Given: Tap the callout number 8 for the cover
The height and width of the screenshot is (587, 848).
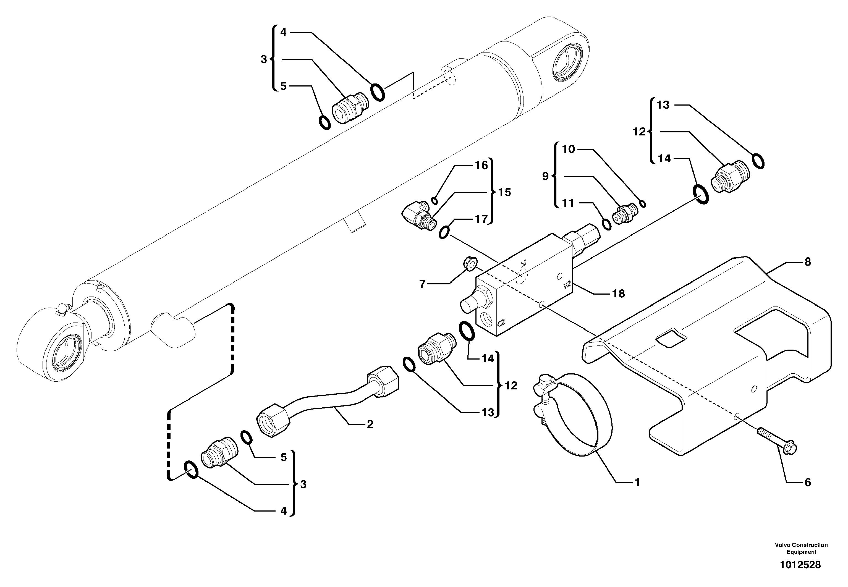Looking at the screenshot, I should click(x=808, y=262).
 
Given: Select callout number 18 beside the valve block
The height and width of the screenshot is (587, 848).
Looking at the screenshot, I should click(x=619, y=293).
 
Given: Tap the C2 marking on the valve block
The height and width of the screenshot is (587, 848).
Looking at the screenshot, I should click(x=501, y=323).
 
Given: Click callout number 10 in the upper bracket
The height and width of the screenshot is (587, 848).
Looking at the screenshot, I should click(x=569, y=149).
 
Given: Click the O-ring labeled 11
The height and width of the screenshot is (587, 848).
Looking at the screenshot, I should click(x=606, y=224).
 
